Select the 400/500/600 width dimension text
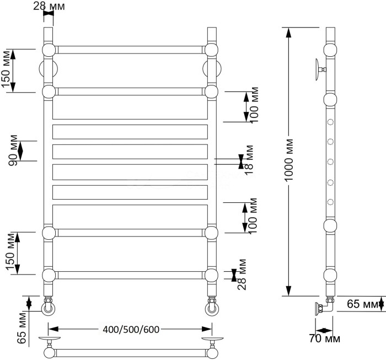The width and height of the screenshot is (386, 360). point(131,330)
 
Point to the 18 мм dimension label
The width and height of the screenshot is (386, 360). point(249,160)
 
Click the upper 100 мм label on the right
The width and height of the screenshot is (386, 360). point(253,105)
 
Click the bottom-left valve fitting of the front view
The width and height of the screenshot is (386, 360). point(49,305)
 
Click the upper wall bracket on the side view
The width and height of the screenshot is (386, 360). point(320,69)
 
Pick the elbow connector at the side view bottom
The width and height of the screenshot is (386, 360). point(323,308)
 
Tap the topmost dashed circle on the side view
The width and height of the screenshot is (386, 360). point(331,123)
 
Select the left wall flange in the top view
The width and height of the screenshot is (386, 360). point(49,340)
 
